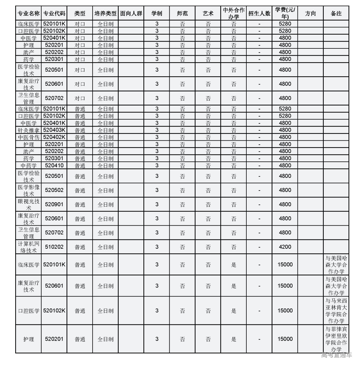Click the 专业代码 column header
(x=54, y=13)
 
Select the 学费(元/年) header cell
(x=285, y=13)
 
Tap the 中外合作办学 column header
(x=233, y=13)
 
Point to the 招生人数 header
(x=259, y=13)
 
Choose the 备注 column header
(x=336, y=13)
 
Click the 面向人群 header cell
(x=131, y=13)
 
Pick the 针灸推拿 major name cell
(x=28, y=130)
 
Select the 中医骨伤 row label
(x=28, y=137)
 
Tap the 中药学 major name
(x=28, y=165)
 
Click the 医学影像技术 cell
(x=28, y=190)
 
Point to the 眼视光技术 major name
(x=28, y=205)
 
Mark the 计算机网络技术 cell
(x=28, y=247)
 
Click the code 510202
(x=54, y=247)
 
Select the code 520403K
(x=54, y=130)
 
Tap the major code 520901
(x=54, y=205)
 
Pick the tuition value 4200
(x=285, y=247)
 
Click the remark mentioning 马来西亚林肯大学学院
(x=336, y=311)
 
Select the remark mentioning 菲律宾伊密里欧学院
(x=336, y=339)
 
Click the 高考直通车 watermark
(x=336, y=355)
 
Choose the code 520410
(x=54, y=165)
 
